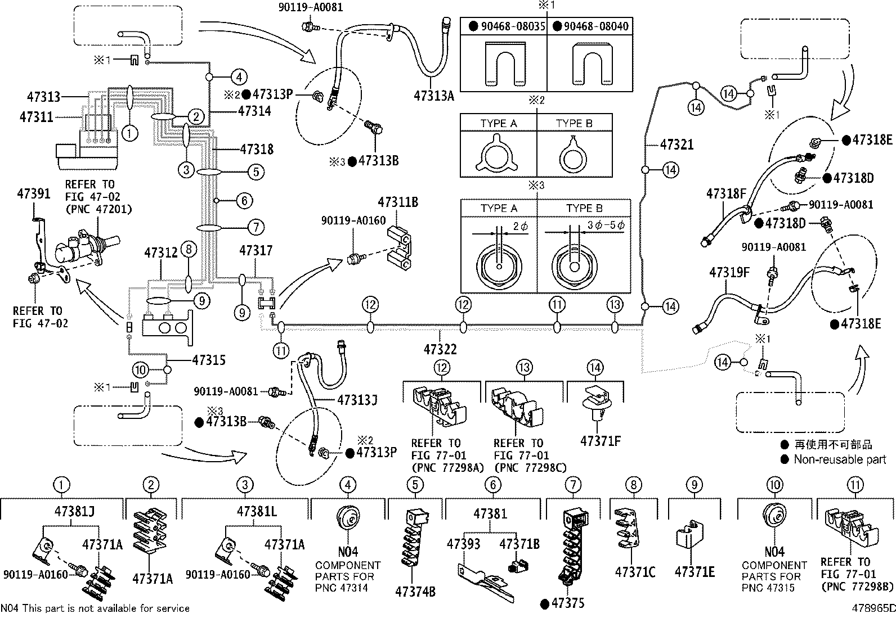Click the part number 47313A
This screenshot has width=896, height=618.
coord(434,96)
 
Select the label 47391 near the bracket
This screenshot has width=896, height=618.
coord(33,193)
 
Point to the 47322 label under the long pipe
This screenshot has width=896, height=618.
coord(440,349)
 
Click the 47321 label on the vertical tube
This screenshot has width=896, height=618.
coord(677,145)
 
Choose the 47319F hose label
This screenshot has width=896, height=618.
coord(729,273)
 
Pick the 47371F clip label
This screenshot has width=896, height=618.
coord(601,441)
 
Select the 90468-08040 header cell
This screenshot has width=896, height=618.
coord(590,26)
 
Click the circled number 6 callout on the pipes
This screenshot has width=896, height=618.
coord(244,200)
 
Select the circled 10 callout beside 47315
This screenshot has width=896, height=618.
coord(141,369)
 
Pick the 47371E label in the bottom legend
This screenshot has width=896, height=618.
coord(695,572)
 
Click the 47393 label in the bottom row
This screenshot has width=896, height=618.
coord(464,544)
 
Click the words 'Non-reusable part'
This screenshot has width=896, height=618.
coord(840,460)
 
